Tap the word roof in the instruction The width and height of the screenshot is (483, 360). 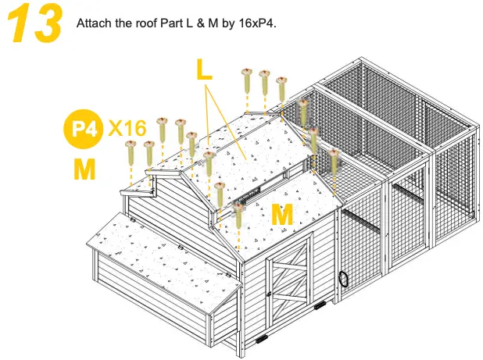[144, 23]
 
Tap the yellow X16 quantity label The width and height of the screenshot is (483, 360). [126, 127]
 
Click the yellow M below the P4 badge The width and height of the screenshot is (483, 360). [83, 168]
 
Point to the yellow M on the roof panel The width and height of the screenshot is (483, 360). [282, 214]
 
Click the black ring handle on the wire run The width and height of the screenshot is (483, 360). [343, 280]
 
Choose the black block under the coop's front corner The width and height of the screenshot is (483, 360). [261, 341]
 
